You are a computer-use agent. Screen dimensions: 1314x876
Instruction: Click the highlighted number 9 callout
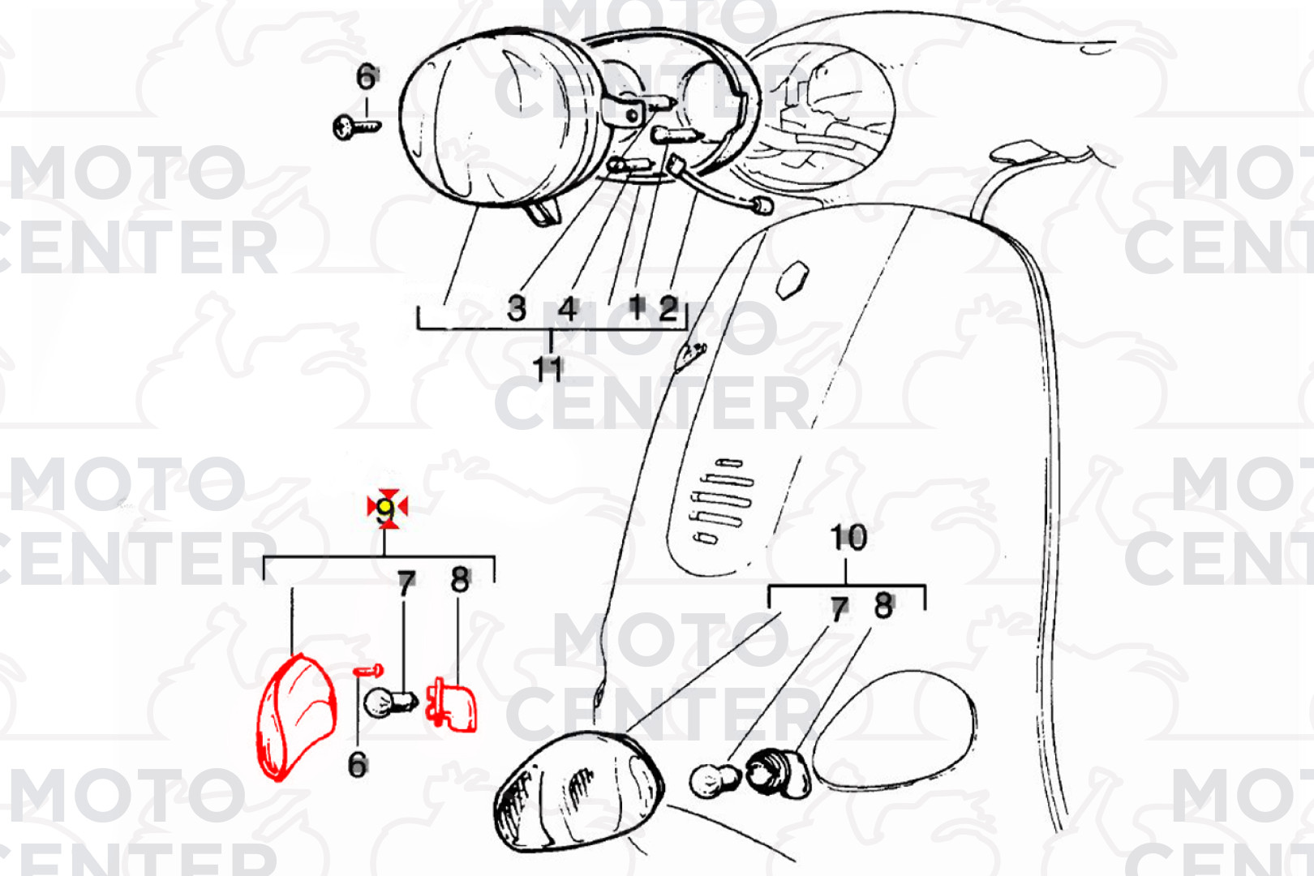click(x=387, y=509)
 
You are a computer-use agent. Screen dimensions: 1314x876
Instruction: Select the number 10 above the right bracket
click(x=848, y=538)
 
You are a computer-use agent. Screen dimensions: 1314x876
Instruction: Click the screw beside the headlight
click(x=356, y=127)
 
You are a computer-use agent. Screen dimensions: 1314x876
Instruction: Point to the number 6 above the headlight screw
click(x=367, y=77)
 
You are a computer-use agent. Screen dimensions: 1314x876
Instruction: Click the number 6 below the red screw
click(x=358, y=765)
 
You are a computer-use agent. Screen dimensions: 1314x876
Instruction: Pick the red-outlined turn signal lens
click(x=297, y=717)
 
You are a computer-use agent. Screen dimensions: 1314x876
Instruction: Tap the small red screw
click(x=368, y=670)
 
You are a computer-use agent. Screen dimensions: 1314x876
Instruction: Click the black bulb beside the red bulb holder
click(x=389, y=701)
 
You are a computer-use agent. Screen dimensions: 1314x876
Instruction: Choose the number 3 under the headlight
click(x=516, y=308)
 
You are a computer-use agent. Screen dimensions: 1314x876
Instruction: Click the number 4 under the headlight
click(x=567, y=309)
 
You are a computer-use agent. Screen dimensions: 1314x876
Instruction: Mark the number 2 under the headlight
click(x=669, y=307)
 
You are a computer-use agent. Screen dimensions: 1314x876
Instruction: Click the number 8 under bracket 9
click(x=461, y=580)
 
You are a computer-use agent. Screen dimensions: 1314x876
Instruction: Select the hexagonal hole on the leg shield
click(x=792, y=281)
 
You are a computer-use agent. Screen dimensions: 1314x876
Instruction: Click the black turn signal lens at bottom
click(x=578, y=790)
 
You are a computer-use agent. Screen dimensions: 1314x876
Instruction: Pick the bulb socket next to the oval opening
click(x=778, y=775)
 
